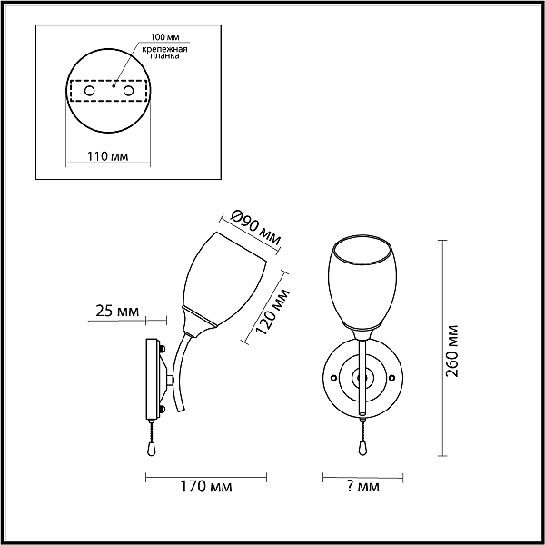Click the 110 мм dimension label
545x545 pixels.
coord(107,156)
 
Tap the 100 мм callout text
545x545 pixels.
coord(164,37)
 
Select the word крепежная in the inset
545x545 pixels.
coord(164,49)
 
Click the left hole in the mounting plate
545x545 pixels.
coord(89,91)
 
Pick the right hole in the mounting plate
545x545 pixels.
coord(128,91)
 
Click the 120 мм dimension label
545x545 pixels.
coord(272,312)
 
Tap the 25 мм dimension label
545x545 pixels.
coord(117,311)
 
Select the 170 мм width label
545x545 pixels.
coord(206,487)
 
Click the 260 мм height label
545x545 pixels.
coord(452,351)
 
